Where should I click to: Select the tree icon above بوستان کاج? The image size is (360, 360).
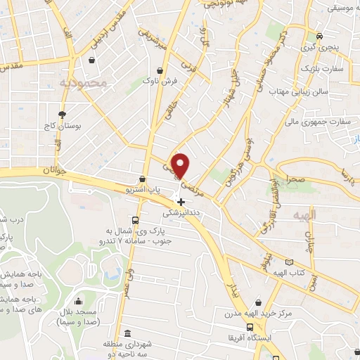click(x=62, y=113)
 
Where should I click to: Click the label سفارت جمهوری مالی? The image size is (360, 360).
click(x=319, y=122)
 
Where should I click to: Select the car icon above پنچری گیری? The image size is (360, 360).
click(x=320, y=37)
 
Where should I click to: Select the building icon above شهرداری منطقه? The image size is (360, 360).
click(x=127, y=333)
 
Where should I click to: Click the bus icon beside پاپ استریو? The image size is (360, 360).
click(x=143, y=179)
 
